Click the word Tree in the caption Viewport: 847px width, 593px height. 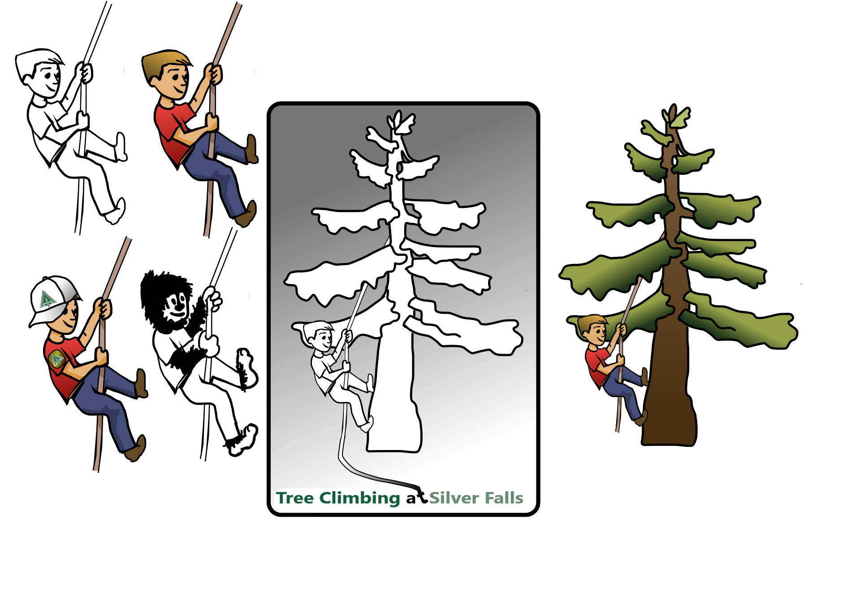294,498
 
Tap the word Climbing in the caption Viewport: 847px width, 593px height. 359,498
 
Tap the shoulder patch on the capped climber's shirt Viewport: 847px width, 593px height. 57,359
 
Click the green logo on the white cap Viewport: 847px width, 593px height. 47,299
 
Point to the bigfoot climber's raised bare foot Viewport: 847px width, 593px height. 246,368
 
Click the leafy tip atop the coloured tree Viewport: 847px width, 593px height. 676,117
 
